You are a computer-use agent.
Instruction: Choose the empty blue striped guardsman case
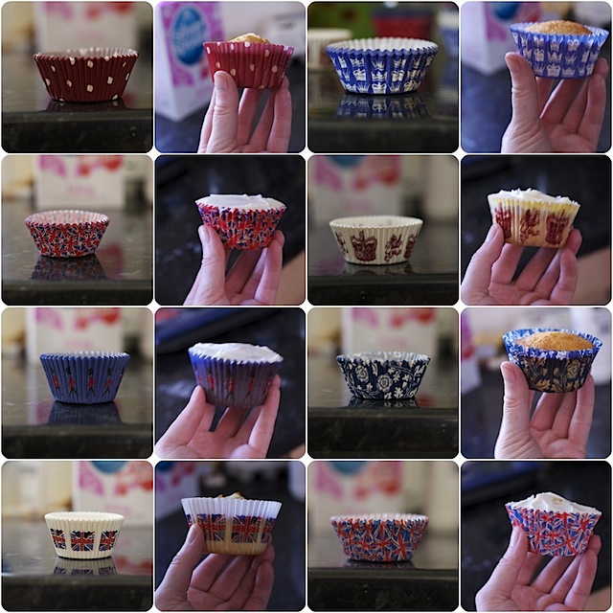coord(84,376)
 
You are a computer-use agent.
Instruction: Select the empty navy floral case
coord(383,375)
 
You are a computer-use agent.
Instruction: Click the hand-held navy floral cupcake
coord(553,364)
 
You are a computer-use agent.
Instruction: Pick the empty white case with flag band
coord(84,534)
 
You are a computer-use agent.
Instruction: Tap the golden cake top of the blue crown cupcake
coord(558,28)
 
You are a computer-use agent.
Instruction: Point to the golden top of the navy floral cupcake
coord(554,340)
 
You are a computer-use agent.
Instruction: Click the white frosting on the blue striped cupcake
coord(236,352)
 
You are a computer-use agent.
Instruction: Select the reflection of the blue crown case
coord(381,105)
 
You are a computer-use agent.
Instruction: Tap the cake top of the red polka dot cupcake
coord(249,38)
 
